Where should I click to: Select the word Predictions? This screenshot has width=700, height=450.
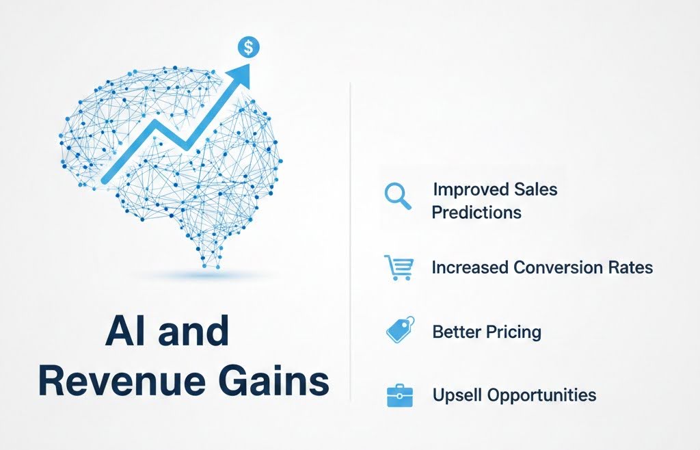[476, 212]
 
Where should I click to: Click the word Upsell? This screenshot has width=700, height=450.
[455, 395]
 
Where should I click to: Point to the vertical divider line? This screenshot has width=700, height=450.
[350, 239]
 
